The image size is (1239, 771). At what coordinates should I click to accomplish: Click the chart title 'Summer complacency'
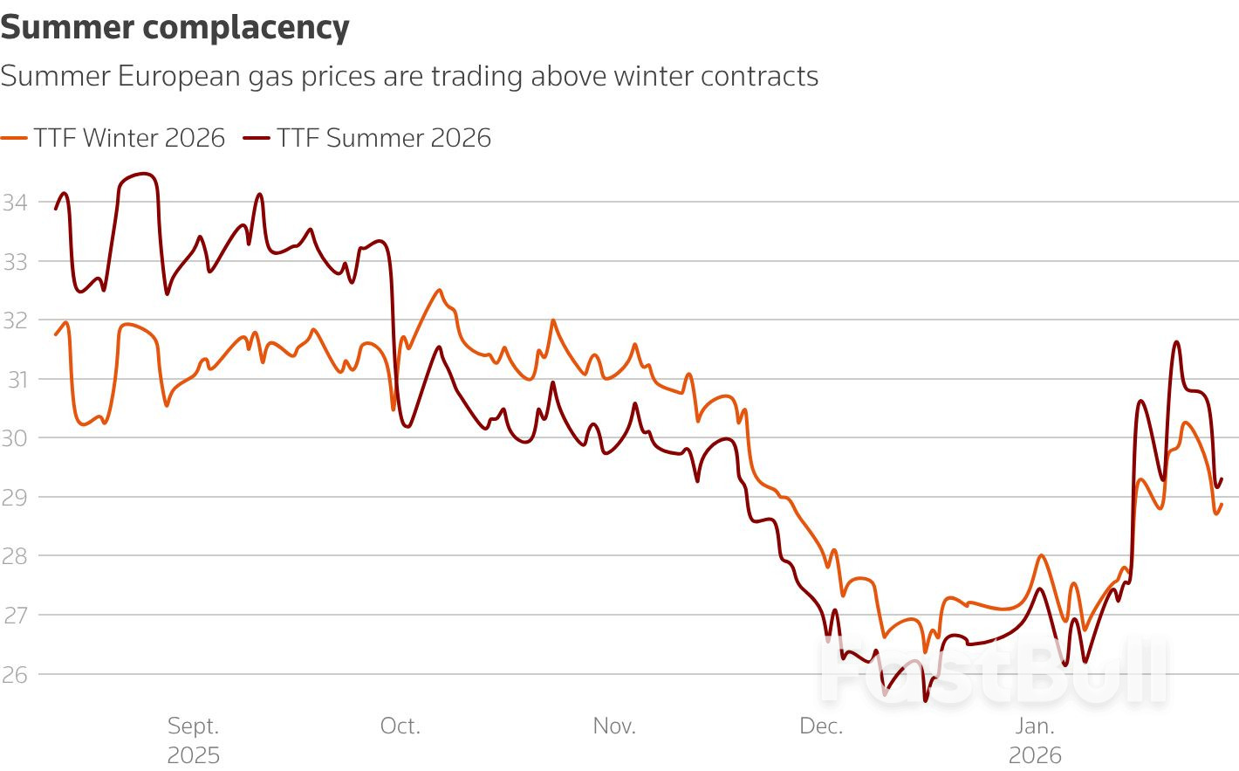[175, 28]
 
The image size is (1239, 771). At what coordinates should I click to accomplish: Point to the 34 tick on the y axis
[15, 203]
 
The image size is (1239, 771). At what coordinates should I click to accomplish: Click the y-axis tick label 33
[15, 261]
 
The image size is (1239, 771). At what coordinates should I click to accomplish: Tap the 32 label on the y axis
[15, 320]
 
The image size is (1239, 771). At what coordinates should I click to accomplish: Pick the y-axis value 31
[17, 379]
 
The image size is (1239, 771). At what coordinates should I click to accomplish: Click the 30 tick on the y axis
[15, 438]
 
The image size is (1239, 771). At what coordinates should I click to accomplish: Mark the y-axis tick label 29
[15, 497]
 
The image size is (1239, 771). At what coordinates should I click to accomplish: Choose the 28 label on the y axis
[15, 556]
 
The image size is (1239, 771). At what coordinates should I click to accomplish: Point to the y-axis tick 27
[15, 615]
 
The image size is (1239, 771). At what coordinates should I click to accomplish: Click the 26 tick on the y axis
[15, 674]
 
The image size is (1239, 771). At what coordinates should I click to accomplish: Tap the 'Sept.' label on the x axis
[193, 726]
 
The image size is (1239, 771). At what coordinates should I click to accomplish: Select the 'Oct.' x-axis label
[400, 726]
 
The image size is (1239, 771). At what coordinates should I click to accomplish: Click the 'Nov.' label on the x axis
[614, 726]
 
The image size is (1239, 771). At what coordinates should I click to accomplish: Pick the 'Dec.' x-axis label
[821, 726]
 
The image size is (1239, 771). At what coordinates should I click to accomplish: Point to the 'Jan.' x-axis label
[1035, 726]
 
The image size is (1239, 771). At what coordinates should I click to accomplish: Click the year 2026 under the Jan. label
[1035, 755]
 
